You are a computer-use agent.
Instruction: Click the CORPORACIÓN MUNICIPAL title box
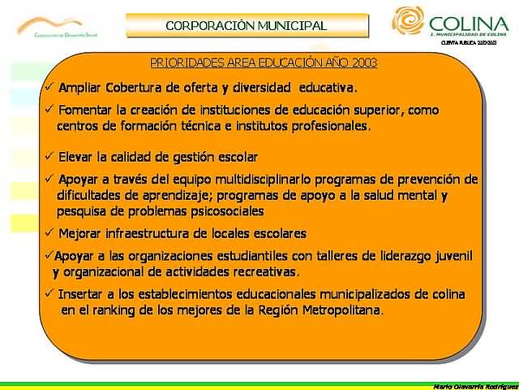tap(246, 26)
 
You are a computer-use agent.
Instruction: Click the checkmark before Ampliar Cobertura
tap(49, 87)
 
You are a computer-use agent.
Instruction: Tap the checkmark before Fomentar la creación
tap(49, 110)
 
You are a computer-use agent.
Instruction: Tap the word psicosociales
tap(221, 210)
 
